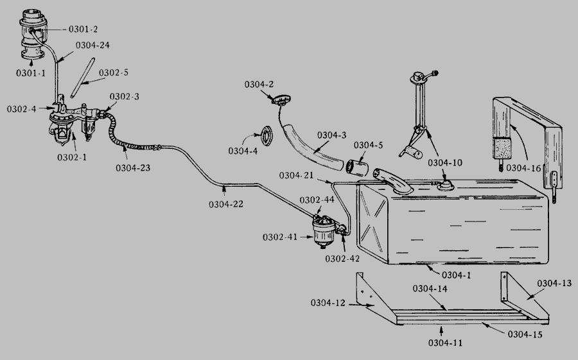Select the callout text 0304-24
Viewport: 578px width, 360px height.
pos(92,45)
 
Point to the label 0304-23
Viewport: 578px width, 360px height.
pos(133,168)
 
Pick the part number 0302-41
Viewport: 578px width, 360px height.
pos(279,237)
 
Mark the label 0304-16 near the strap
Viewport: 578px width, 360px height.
pos(523,167)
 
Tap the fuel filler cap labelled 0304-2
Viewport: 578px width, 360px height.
pos(279,101)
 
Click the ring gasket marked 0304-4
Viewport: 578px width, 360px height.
pos(263,136)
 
